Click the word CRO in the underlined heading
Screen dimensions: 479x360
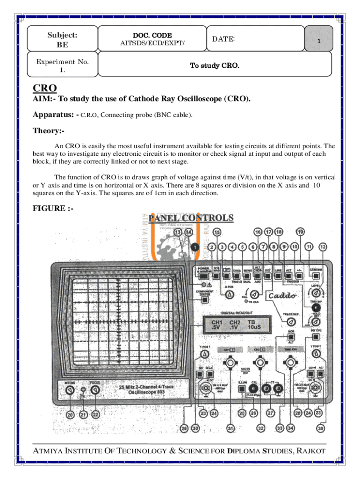pyautogui.click(x=44, y=88)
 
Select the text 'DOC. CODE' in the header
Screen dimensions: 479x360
pyautogui.click(x=152, y=36)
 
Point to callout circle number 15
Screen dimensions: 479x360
pyautogui.click(x=217, y=232)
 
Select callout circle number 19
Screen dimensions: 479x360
pyautogui.click(x=301, y=232)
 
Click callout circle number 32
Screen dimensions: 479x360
pyautogui.click(x=260, y=428)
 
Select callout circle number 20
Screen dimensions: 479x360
pyautogui.click(x=70, y=414)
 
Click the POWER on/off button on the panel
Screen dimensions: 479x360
pyautogui.click(x=202, y=276)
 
